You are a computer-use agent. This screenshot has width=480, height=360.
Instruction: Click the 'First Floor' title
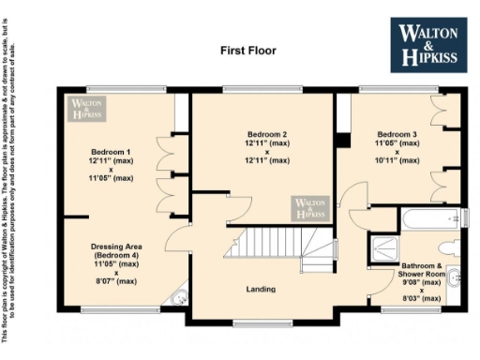[x=248, y=48]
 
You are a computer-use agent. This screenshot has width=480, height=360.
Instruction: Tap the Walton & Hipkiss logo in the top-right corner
[x=429, y=43]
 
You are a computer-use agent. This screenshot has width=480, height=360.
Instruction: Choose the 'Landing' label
[x=260, y=289]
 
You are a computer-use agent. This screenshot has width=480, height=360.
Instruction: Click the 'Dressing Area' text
[x=114, y=247]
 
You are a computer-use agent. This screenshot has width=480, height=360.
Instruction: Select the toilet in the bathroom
[x=452, y=247]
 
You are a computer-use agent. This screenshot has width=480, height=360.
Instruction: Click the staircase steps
[x=262, y=246]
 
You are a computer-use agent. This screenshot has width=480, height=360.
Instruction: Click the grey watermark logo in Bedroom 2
[x=310, y=208]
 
